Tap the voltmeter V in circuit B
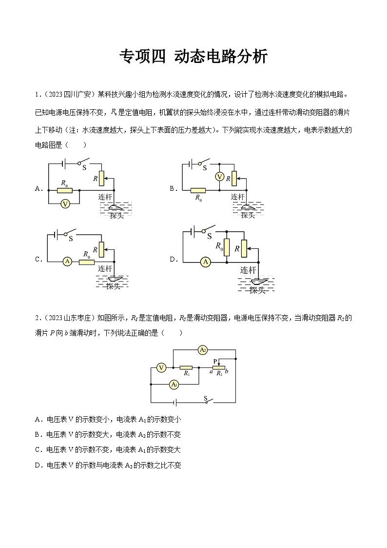click(220, 176)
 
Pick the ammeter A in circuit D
click(206, 262)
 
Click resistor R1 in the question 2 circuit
click(186, 367)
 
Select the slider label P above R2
click(215, 361)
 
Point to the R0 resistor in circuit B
click(198, 190)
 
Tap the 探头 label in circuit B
click(248, 215)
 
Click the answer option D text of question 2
click(108, 466)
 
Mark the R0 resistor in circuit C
click(87, 262)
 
